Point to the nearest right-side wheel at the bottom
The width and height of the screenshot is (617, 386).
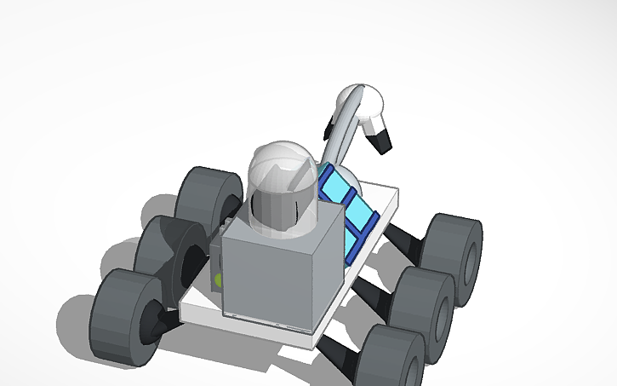391,358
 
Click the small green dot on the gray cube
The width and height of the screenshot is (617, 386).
219,279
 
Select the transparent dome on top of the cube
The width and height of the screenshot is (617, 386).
279,187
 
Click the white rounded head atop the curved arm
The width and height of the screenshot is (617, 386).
362,102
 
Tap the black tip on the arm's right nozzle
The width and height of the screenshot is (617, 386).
384,140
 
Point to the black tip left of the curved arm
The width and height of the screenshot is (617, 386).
329,128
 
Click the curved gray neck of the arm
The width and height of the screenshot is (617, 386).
339,141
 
